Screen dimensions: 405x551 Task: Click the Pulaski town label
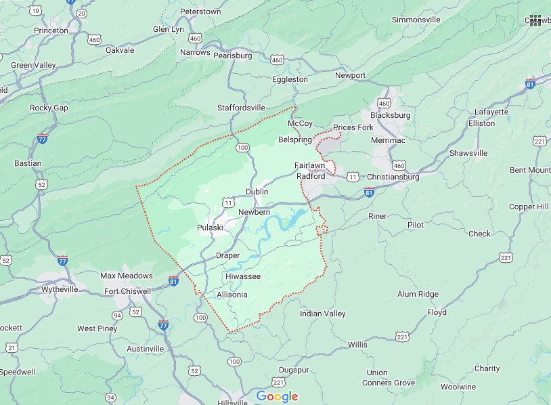coord(210,228)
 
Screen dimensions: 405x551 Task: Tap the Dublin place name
coord(257,192)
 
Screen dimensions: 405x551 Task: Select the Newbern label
coord(255,213)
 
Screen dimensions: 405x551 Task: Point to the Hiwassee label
coord(243,276)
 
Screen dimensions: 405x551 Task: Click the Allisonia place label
coord(232,295)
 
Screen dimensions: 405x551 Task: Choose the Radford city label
coord(311,176)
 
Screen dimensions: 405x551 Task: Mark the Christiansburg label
coord(392,177)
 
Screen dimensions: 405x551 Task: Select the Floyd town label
coord(437,312)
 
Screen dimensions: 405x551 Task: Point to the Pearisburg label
coord(232,56)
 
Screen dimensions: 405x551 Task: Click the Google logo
coord(277,396)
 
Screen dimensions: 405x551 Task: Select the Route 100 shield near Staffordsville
coord(242,147)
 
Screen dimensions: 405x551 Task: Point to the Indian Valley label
coord(323,314)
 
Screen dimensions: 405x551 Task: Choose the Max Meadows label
coord(127,276)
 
